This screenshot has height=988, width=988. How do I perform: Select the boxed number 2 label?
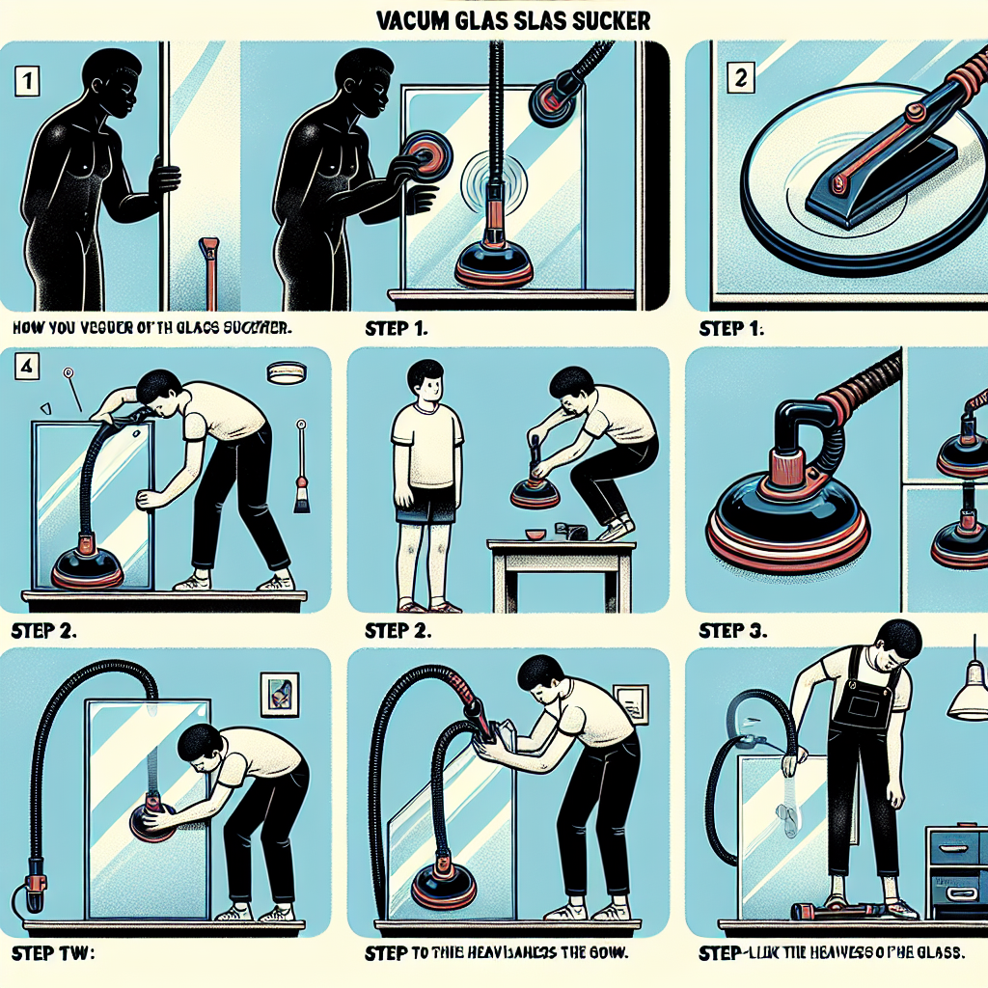pos(741,81)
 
